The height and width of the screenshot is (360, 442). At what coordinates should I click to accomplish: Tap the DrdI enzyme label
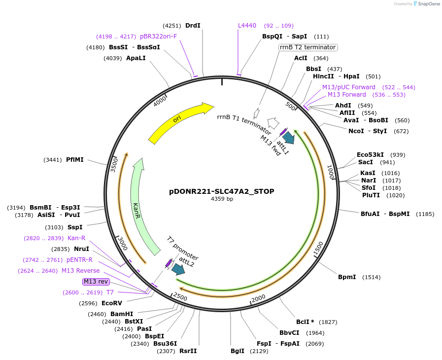click(x=193, y=26)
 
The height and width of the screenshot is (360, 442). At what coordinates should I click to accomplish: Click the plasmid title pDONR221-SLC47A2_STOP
click(x=222, y=191)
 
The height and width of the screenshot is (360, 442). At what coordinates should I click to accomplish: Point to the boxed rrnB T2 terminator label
click(x=308, y=47)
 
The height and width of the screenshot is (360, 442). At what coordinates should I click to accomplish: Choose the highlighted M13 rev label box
click(x=96, y=282)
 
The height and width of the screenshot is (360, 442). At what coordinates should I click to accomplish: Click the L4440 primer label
click(x=247, y=26)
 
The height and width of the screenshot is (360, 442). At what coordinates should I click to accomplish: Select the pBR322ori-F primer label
click(x=158, y=36)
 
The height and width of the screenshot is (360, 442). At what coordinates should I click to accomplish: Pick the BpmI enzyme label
click(x=347, y=277)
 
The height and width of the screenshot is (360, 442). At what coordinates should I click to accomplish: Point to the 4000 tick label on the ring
click(x=160, y=102)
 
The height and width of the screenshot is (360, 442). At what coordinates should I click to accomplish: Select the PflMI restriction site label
click(x=75, y=160)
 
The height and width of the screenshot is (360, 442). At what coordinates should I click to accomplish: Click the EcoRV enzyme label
click(x=111, y=303)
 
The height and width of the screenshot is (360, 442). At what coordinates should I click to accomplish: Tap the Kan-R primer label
click(x=76, y=238)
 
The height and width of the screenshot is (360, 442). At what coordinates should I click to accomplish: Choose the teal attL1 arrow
click(x=288, y=139)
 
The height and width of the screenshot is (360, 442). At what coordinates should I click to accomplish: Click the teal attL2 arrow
click(x=178, y=269)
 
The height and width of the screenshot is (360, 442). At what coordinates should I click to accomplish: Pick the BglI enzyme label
click(x=237, y=351)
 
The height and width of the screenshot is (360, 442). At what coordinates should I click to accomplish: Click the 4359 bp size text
click(x=222, y=199)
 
